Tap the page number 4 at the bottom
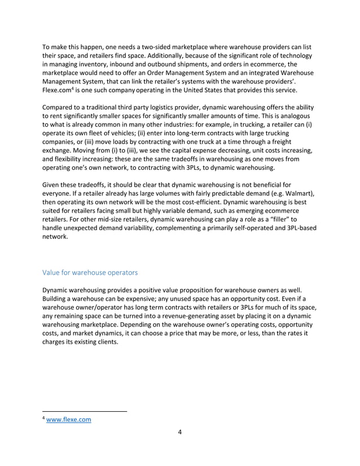179,433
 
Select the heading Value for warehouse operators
90,272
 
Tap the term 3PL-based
292,229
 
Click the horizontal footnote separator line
85,411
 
